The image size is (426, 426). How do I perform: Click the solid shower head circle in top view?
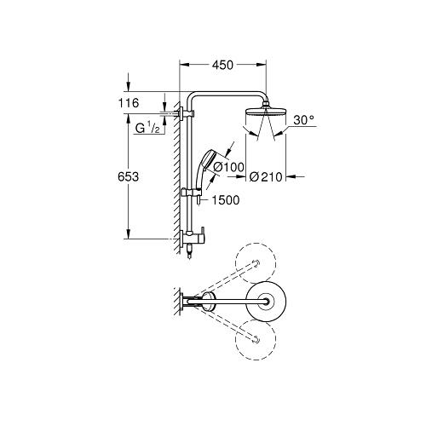pos(268,300)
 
